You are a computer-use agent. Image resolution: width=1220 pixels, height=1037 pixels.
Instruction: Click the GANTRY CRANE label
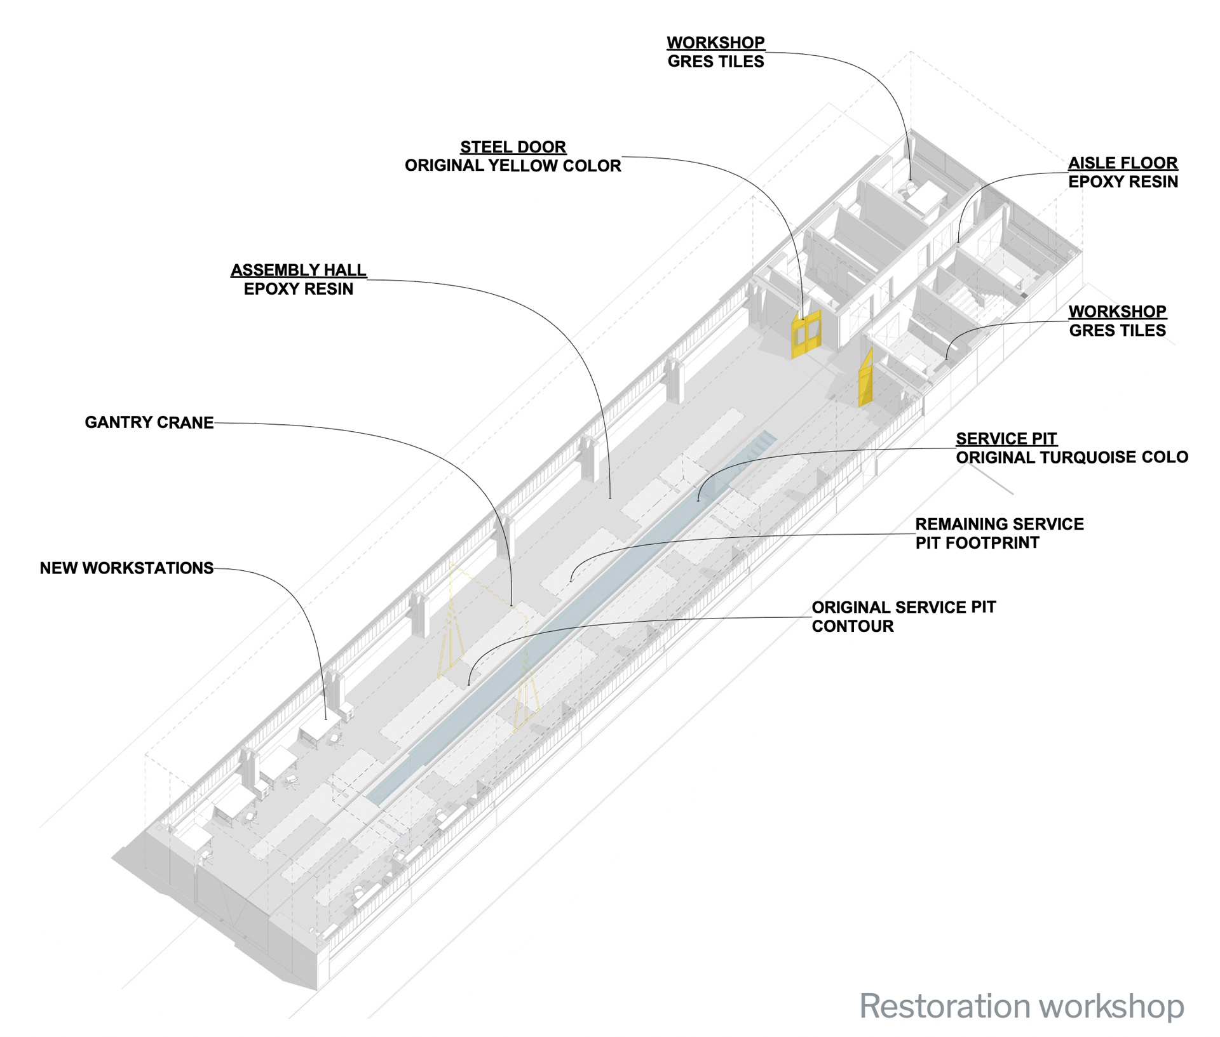pyautogui.click(x=149, y=423)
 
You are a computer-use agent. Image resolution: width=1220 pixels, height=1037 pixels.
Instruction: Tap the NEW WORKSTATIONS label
pyautogui.click(x=126, y=568)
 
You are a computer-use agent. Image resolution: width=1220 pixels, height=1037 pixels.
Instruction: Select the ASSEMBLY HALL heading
pyautogui.click(x=298, y=271)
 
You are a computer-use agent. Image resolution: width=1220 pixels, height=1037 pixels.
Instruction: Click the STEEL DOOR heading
pyautogui.click(x=513, y=147)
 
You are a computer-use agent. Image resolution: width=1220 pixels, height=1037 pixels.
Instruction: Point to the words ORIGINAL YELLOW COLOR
pyautogui.click(x=513, y=166)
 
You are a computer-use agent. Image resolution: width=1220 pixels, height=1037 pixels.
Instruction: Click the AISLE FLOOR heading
pyautogui.click(x=1123, y=163)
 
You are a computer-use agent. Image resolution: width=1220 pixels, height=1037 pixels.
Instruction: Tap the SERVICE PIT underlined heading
pyautogui.click(x=1006, y=439)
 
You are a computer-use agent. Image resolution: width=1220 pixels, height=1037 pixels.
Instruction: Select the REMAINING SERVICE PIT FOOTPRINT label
pyautogui.click(x=999, y=533)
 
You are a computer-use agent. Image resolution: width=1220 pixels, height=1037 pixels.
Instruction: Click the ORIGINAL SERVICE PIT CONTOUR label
pyautogui.click(x=903, y=617)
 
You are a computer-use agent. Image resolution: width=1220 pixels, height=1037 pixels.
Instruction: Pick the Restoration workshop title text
pyautogui.click(x=1021, y=1007)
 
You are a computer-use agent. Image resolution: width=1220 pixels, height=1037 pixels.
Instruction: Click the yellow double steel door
pyautogui.click(x=806, y=334)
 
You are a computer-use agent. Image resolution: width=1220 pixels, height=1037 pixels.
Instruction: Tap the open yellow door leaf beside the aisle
pyautogui.click(x=865, y=379)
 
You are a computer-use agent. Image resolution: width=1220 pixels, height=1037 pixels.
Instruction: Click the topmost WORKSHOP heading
pyautogui.click(x=715, y=43)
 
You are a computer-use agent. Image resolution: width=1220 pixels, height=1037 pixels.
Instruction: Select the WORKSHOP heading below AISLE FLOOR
pyautogui.click(x=1117, y=312)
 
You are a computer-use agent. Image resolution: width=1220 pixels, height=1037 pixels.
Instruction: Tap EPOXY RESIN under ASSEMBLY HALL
pyautogui.click(x=298, y=290)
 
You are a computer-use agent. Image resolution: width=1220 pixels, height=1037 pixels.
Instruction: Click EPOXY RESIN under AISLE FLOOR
pyautogui.click(x=1123, y=182)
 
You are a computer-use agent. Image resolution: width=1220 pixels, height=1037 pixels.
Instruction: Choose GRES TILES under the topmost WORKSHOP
pyautogui.click(x=715, y=62)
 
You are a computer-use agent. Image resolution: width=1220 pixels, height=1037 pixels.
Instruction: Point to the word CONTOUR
pyautogui.click(x=853, y=627)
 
